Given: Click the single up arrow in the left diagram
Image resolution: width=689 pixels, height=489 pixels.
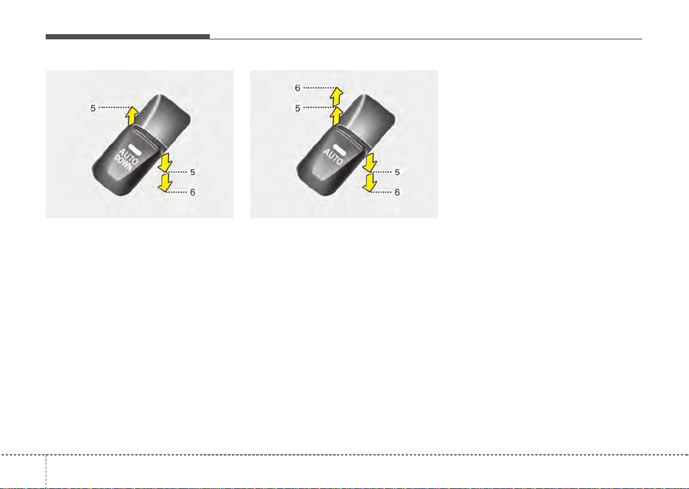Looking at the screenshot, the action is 131,116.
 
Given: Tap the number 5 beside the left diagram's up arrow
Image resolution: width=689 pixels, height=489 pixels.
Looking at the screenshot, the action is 93,108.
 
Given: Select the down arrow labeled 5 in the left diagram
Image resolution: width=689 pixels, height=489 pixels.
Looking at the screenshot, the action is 165,162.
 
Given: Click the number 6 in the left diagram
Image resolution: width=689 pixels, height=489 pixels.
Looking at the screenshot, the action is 193,192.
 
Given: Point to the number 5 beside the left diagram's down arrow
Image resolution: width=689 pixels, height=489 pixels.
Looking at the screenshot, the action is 193,172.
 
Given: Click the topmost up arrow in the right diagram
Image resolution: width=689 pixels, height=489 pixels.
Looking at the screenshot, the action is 336,97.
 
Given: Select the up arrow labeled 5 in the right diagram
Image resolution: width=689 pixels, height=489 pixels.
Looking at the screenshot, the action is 336,116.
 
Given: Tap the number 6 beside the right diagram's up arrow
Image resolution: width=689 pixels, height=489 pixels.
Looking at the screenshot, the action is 298,88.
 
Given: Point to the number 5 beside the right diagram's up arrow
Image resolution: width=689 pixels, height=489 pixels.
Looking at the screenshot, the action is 298,108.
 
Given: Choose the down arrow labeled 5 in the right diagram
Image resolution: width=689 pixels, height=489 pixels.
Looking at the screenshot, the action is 370,162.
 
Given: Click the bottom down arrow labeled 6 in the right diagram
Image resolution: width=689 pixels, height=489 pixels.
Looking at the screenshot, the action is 370,182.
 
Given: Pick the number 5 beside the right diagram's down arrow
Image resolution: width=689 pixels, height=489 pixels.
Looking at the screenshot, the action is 397,172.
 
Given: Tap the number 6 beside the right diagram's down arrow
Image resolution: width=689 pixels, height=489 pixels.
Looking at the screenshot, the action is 397,192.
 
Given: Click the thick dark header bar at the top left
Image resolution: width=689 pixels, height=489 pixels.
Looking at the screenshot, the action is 127,37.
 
